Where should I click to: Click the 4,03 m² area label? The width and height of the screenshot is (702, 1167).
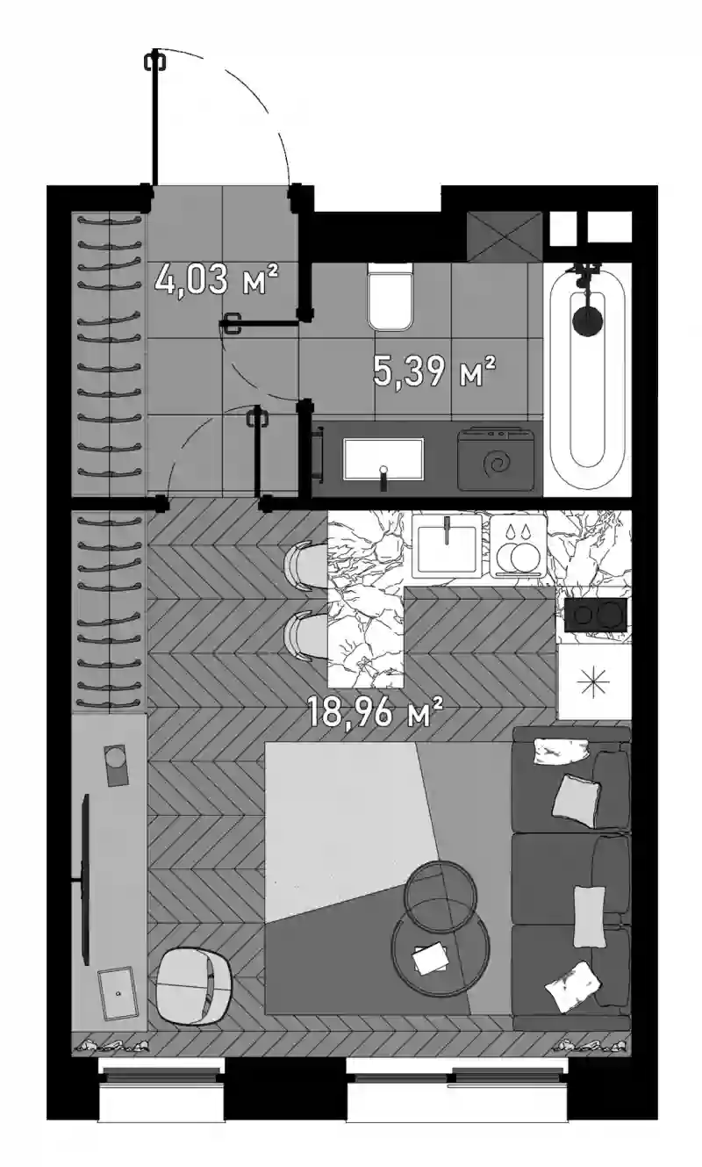[x=217, y=280]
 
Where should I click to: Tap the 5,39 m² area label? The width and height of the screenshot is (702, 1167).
[x=433, y=371]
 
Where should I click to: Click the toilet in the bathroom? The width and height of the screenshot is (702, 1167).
[x=390, y=296]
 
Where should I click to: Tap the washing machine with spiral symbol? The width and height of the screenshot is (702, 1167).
[x=497, y=459]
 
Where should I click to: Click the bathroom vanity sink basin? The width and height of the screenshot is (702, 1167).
[x=383, y=458]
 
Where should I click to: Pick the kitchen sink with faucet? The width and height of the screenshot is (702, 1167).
[x=448, y=546]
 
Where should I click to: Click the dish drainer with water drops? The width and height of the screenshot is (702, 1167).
[x=519, y=546]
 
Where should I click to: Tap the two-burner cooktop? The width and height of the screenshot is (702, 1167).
[x=596, y=615]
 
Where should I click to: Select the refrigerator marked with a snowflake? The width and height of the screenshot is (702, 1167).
[x=594, y=683]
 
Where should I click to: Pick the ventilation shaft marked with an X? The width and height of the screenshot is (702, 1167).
[x=505, y=236]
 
